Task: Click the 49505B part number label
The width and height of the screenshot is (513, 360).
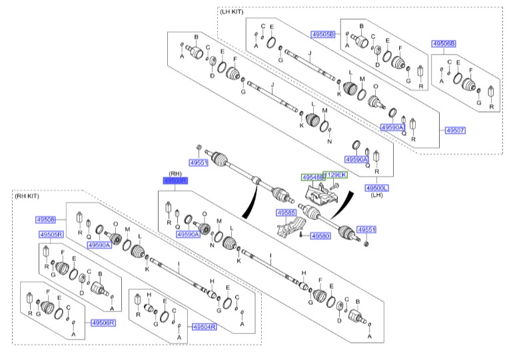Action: click(x=323, y=33)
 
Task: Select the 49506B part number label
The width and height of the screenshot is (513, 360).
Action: click(x=444, y=44)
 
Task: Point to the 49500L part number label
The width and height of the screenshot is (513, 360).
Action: click(x=376, y=189)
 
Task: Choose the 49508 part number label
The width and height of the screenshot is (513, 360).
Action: click(x=46, y=219)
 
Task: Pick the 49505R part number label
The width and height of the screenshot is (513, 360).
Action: click(x=51, y=235)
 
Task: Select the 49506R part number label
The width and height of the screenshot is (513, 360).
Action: click(x=103, y=323)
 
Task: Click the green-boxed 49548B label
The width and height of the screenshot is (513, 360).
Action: click(x=312, y=177)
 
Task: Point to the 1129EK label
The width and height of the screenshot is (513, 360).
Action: click(x=334, y=175)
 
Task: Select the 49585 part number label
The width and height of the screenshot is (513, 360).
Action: click(x=286, y=213)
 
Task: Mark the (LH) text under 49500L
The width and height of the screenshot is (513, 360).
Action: click(x=376, y=196)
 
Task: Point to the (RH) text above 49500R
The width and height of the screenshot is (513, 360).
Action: click(x=175, y=173)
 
